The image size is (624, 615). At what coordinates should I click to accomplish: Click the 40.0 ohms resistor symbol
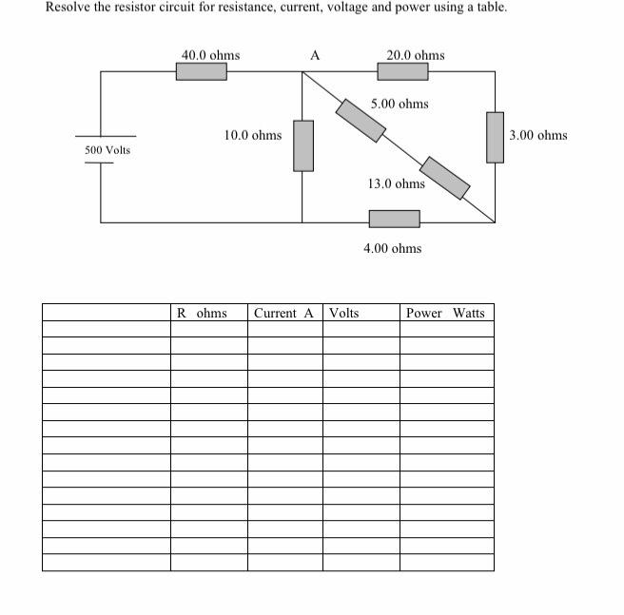point(201,71)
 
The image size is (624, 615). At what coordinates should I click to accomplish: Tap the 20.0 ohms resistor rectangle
point(402,71)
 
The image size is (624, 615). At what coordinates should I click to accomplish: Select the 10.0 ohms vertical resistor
point(302,145)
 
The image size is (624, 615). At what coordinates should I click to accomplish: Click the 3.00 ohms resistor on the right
point(495,137)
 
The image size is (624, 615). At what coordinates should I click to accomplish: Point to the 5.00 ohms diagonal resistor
point(361,119)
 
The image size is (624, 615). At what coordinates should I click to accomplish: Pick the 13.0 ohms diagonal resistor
point(445,178)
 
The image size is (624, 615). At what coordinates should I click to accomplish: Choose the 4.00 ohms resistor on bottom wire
point(394,219)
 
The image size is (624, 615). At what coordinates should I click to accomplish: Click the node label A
point(315,56)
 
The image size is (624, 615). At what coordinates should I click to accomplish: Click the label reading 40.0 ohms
point(210,55)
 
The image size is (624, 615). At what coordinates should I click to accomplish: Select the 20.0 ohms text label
point(415,55)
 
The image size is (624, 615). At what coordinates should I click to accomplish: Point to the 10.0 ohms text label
point(252,135)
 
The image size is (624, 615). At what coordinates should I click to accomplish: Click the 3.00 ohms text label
point(537,135)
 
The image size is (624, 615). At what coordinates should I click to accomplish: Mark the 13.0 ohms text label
point(396,183)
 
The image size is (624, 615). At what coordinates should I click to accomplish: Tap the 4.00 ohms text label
point(392,248)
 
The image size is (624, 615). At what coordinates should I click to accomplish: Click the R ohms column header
point(202,313)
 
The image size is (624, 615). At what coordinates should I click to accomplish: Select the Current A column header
point(283,313)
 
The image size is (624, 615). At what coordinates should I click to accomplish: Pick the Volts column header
point(343,313)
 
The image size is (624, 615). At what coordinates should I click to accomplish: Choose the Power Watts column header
point(445,313)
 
